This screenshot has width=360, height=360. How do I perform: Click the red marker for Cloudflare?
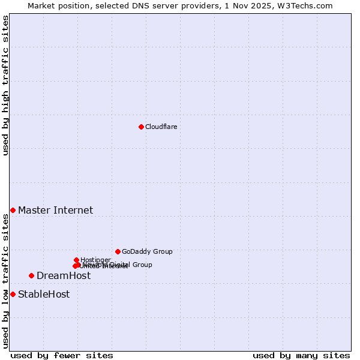coord(141,127)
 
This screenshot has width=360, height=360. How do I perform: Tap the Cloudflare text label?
coord(161,127)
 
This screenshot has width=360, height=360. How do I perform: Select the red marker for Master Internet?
coord(13,210)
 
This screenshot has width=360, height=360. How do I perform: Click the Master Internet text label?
coord(55,210)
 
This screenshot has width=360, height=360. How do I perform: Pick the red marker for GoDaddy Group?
coord(118,251)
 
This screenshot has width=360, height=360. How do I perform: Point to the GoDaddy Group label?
coord(147,251)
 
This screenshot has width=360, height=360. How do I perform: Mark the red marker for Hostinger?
coord(76,260)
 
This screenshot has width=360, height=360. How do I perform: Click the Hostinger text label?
coord(95,260)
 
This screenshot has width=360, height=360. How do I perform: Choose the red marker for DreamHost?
coord(31,275)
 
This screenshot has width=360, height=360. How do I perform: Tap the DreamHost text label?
coord(64,275)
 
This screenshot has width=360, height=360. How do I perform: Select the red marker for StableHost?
coord(13,294)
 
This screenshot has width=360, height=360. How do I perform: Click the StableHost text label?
coord(44,294)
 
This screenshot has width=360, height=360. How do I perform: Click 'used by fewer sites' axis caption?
coord(62,355)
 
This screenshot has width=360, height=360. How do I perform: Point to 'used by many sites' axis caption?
coord(301,355)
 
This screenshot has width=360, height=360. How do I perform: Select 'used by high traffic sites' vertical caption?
coord(5,85)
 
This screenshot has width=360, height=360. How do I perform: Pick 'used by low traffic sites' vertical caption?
coord(5,281)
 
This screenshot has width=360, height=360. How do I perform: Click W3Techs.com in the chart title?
coord(308,5)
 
